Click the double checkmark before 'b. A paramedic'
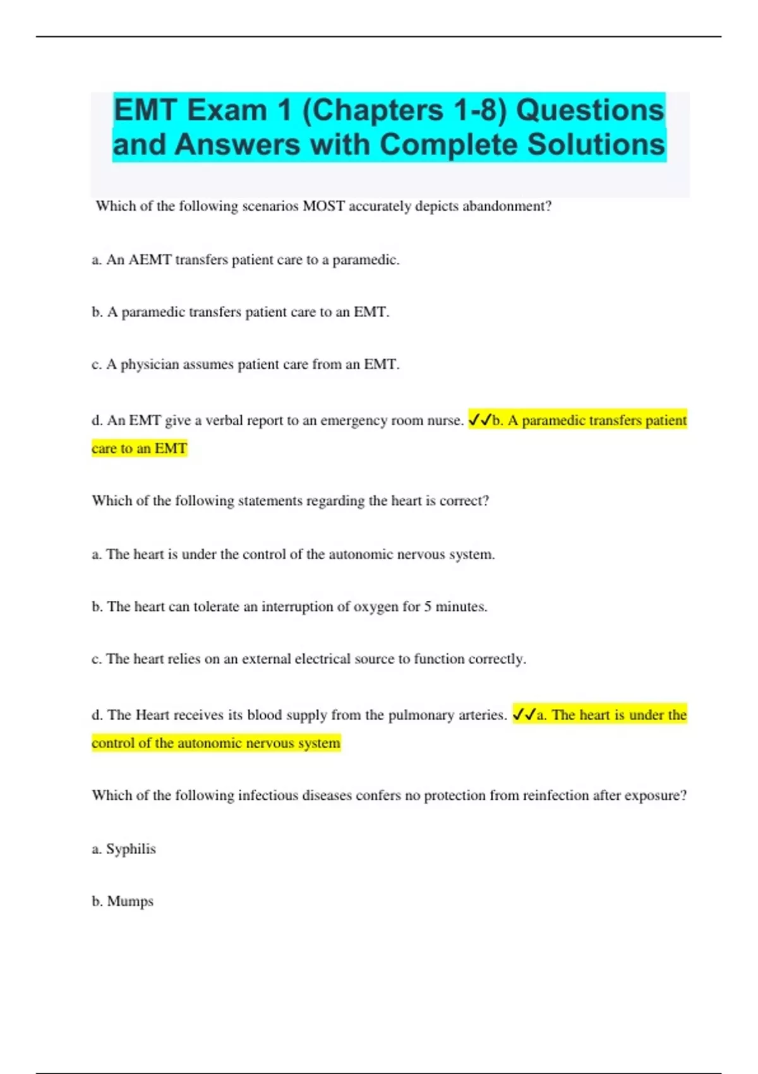(479, 420)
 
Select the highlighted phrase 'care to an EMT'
(140, 449)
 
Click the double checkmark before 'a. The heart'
(524, 715)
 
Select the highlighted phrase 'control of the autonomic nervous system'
(216, 743)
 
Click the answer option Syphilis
(131, 849)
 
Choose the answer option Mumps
(130, 902)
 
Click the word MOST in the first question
(323, 207)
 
